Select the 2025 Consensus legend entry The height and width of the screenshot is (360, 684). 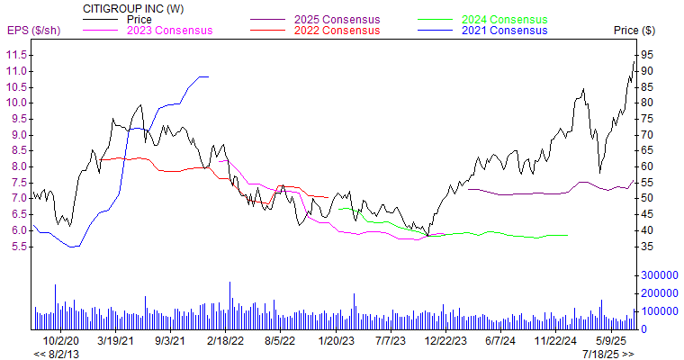337,19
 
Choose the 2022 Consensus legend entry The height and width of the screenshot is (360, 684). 337,31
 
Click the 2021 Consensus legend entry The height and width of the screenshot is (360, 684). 504,31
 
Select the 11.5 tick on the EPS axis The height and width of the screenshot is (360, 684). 15,55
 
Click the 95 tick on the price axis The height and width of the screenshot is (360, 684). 647,55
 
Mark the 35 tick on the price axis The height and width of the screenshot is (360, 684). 647,246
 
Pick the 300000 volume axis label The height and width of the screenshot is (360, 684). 658,274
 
